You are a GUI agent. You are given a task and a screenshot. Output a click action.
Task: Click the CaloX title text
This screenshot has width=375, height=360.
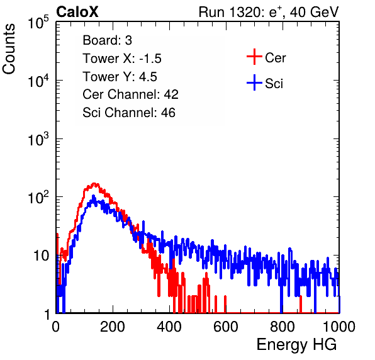coord(77,12)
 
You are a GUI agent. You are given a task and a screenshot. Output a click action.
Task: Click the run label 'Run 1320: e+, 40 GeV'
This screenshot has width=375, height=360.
coord(269,12)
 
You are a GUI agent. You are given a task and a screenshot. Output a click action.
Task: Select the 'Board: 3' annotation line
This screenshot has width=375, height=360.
coord(108,40)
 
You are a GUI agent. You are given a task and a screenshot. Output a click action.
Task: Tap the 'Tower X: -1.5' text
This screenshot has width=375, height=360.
coord(122,59)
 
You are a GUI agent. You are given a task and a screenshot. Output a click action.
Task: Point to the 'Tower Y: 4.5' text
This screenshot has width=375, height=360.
coord(120,77)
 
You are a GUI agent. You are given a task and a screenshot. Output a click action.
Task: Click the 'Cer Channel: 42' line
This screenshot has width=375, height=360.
coord(131,94)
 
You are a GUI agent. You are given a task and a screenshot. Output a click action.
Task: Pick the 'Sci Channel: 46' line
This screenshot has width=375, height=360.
coord(129,113)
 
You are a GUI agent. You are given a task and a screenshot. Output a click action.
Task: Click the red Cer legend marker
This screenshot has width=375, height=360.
coord(254,57)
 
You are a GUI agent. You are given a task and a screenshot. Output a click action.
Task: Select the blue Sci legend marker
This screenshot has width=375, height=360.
coord(254,83)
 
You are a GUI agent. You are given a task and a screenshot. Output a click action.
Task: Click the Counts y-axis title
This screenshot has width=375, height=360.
coord(9,49)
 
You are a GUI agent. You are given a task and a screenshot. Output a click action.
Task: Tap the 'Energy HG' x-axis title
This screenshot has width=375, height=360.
coord(296,345)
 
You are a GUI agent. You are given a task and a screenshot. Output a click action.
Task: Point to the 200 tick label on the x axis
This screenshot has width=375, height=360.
coord(113,327)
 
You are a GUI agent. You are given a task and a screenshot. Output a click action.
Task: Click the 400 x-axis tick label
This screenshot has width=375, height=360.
coord(169,327)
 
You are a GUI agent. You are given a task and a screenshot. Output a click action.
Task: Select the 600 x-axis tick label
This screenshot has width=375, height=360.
coord(226,327)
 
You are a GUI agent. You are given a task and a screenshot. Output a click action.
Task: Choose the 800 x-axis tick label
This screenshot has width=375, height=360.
coord(283,327)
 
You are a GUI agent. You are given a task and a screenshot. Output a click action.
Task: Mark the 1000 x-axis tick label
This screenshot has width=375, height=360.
coord(339,327)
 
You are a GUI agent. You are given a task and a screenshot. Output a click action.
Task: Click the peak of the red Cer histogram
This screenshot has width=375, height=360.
coord(94,184)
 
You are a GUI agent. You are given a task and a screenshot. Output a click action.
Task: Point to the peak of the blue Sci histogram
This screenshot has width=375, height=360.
coord(93,196)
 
